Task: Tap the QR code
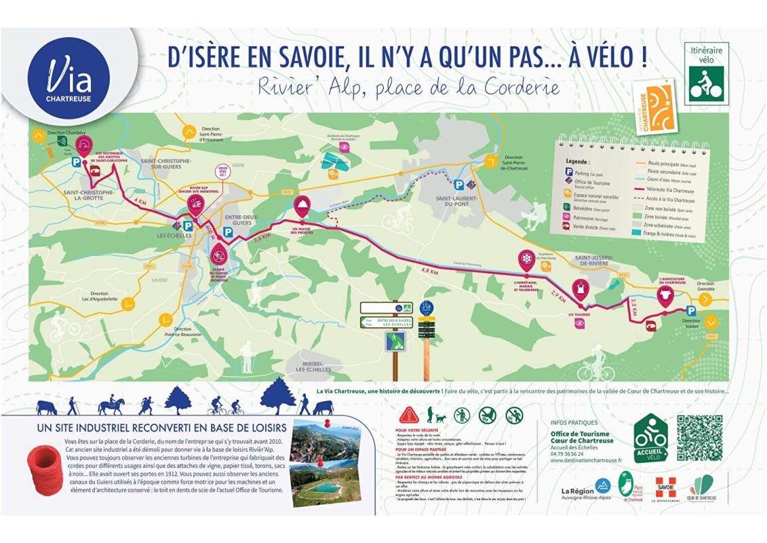pos(700,437)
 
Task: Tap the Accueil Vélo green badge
pos(650,438)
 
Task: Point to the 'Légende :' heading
pos(579,163)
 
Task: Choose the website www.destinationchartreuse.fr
pos(587,460)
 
